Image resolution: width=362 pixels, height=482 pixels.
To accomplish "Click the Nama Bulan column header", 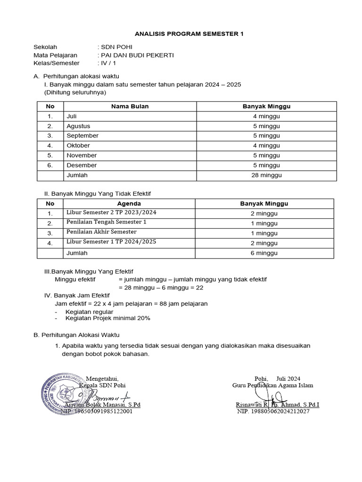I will (x=130, y=106).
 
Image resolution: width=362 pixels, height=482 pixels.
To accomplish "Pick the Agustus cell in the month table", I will (x=78, y=126).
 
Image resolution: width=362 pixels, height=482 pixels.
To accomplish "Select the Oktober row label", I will (x=78, y=145).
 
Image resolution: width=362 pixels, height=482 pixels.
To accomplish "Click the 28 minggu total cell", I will (x=266, y=175).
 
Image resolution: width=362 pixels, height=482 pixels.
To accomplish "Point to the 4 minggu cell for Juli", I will (x=266, y=116).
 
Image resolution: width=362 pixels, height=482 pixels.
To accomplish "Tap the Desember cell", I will (x=82, y=165).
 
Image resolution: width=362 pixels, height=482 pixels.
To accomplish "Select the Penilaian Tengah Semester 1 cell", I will (x=107, y=222).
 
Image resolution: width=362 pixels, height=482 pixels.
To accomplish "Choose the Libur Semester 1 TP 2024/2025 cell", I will (x=111, y=242).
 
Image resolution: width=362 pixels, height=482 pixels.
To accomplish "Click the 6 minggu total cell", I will (x=264, y=253).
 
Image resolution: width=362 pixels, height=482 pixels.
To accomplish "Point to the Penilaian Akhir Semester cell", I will (x=101, y=232).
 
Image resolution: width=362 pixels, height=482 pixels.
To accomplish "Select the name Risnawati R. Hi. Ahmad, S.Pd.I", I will (x=277, y=404).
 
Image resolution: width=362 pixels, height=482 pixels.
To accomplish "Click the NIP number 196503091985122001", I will (x=97, y=411).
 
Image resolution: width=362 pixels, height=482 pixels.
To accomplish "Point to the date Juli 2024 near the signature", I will (x=288, y=378).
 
